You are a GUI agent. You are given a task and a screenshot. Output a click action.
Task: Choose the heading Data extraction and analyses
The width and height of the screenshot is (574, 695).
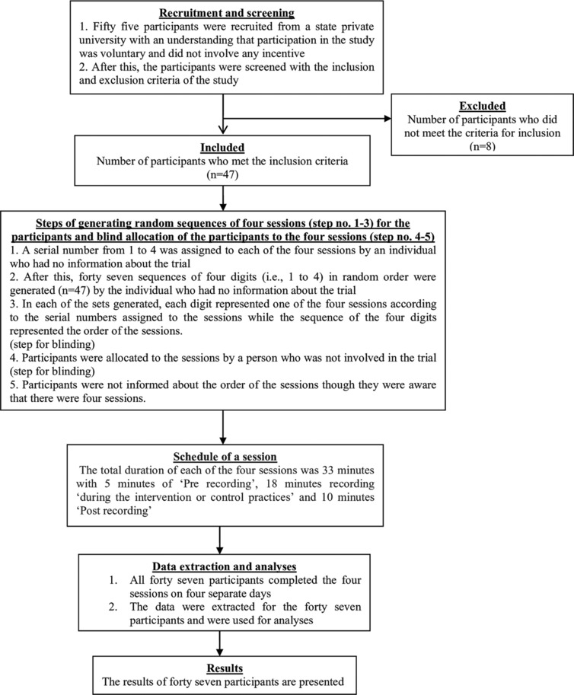[x=225, y=566]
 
